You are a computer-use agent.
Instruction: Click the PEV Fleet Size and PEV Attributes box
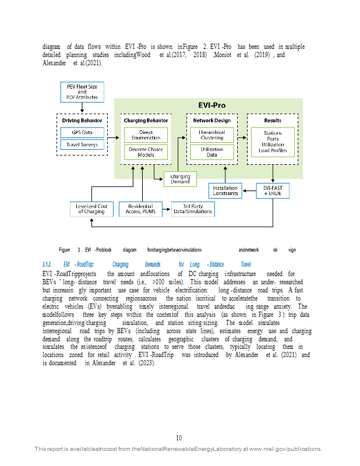click(82, 92)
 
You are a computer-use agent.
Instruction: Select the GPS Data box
click(82, 133)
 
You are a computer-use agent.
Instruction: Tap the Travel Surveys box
click(82, 144)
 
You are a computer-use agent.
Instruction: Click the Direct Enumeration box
click(146, 135)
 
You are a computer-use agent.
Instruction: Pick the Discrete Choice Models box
click(146, 152)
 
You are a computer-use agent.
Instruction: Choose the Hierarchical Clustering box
click(212, 135)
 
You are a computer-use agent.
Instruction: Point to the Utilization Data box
click(212, 152)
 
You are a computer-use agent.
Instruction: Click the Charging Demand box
click(180, 179)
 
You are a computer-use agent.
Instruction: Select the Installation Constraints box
click(225, 190)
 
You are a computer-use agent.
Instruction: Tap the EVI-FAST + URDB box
click(273, 190)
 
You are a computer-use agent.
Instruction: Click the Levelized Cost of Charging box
click(91, 209)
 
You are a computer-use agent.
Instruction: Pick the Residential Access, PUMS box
click(140, 209)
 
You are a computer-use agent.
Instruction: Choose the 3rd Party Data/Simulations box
click(193, 209)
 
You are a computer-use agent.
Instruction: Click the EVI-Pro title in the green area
click(212, 105)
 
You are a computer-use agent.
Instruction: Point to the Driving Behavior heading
click(82, 121)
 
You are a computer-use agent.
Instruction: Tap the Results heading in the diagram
click(273, 121)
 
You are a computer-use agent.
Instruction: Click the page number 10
click(179, 438)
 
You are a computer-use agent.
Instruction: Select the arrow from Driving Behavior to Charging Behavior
click(113, 137)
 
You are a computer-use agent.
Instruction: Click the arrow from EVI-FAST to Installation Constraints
click(249, 190)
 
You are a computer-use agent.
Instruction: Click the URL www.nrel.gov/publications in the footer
click(285, 449)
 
